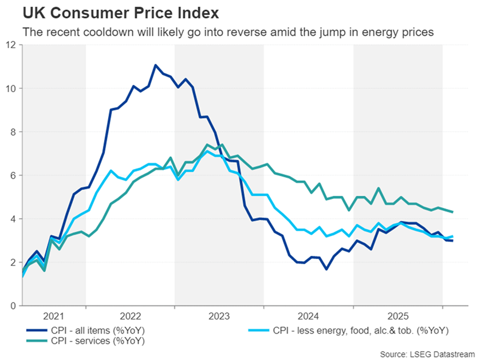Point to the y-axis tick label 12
coord(12,45)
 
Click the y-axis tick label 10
coord(12,88)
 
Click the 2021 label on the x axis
coord(53,315)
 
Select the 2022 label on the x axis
coord(130,315)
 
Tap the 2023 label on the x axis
coord(219,315)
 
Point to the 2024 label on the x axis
coord(308,315)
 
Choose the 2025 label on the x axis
coord(397,315)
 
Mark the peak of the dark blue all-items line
coord(155,65)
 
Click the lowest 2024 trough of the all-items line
coord(325,269)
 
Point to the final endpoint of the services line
coord(453,212)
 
